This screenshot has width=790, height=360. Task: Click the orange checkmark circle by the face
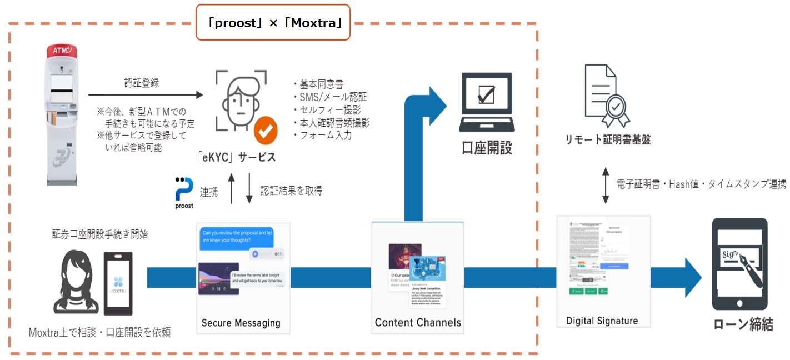click(266, 130)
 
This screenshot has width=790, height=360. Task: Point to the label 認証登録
click(141, 83)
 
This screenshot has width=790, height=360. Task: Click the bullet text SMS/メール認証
click(329, 97)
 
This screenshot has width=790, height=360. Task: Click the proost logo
click(183, 192)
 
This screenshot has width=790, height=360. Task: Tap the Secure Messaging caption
click(241, 323)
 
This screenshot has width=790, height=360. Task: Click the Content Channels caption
click(418, 322)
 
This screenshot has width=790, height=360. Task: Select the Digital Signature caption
click(602, 321)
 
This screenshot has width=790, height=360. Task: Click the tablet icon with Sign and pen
click(739, 264)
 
